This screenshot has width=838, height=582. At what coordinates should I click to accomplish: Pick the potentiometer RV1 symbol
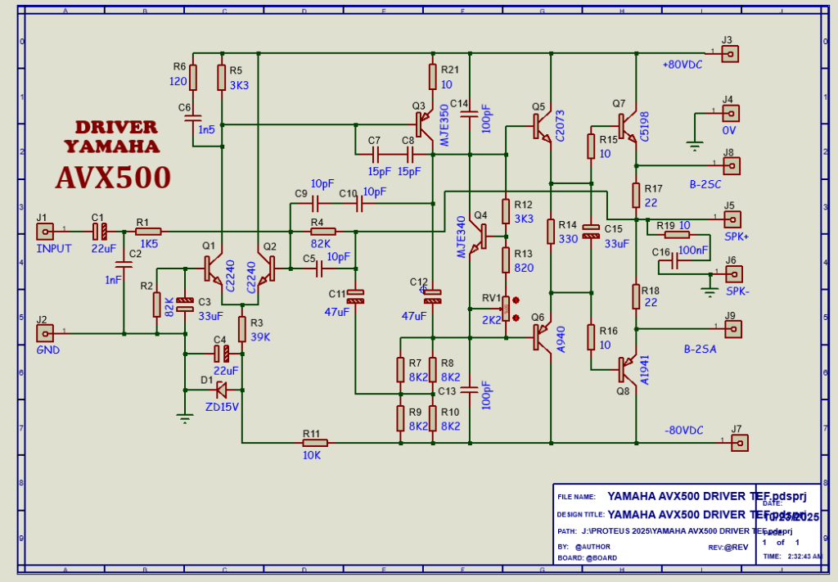pos(507,309)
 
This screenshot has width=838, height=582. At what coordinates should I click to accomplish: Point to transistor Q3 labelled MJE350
pos(423,124)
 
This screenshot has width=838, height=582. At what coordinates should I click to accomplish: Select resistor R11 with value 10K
pos(315,443)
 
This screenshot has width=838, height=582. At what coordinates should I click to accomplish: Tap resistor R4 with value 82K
pos(322,232)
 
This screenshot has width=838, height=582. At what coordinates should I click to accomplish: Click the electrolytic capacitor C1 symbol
pos(99,232)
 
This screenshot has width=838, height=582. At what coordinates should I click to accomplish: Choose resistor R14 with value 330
pos(551,232)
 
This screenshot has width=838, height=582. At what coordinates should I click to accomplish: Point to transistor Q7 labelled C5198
pos(626,125)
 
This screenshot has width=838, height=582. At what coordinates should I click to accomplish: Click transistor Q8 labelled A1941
pos(627,367)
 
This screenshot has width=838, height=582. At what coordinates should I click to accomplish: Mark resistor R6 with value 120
pos(194,77)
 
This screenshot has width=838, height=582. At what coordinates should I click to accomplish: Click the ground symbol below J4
pos(695,146)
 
